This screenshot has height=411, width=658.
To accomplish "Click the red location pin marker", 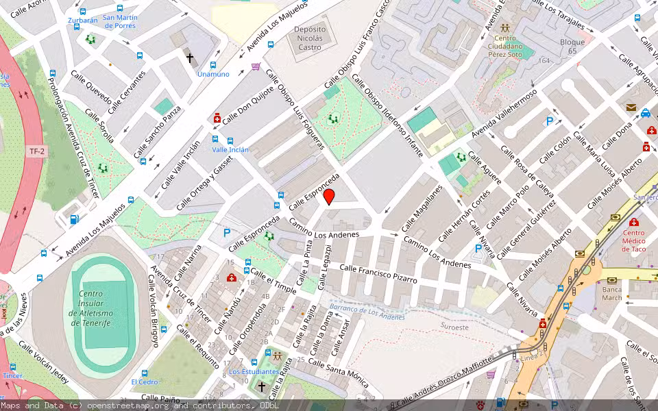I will pyautogui.click(x=329, y=197).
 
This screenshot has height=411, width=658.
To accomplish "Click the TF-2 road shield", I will pyautogui.click(x=37, y=151).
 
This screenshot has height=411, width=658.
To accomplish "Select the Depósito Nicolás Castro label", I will pyautogui.click(x=308, y=38).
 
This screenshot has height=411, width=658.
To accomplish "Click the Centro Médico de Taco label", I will pyautogui.click(x=633, y=240).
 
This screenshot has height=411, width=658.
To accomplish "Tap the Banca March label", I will pyautogui.click(x=611, y=292).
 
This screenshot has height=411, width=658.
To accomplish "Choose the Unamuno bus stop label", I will pyautogui.click(x=212, y=74).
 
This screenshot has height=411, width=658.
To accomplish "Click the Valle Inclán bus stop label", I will pyautogui.click(x=230, y=149).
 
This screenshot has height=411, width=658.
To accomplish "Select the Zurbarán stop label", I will pyautogui.click(x=82, y=21).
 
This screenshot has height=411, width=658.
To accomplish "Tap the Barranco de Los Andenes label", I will pyautogui.click(x=363, y=311).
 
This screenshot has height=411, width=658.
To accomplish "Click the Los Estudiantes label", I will pyautogui.click(x=254, y=371).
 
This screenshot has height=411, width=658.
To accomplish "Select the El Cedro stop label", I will pyautogui.click(x=145, y=382).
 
